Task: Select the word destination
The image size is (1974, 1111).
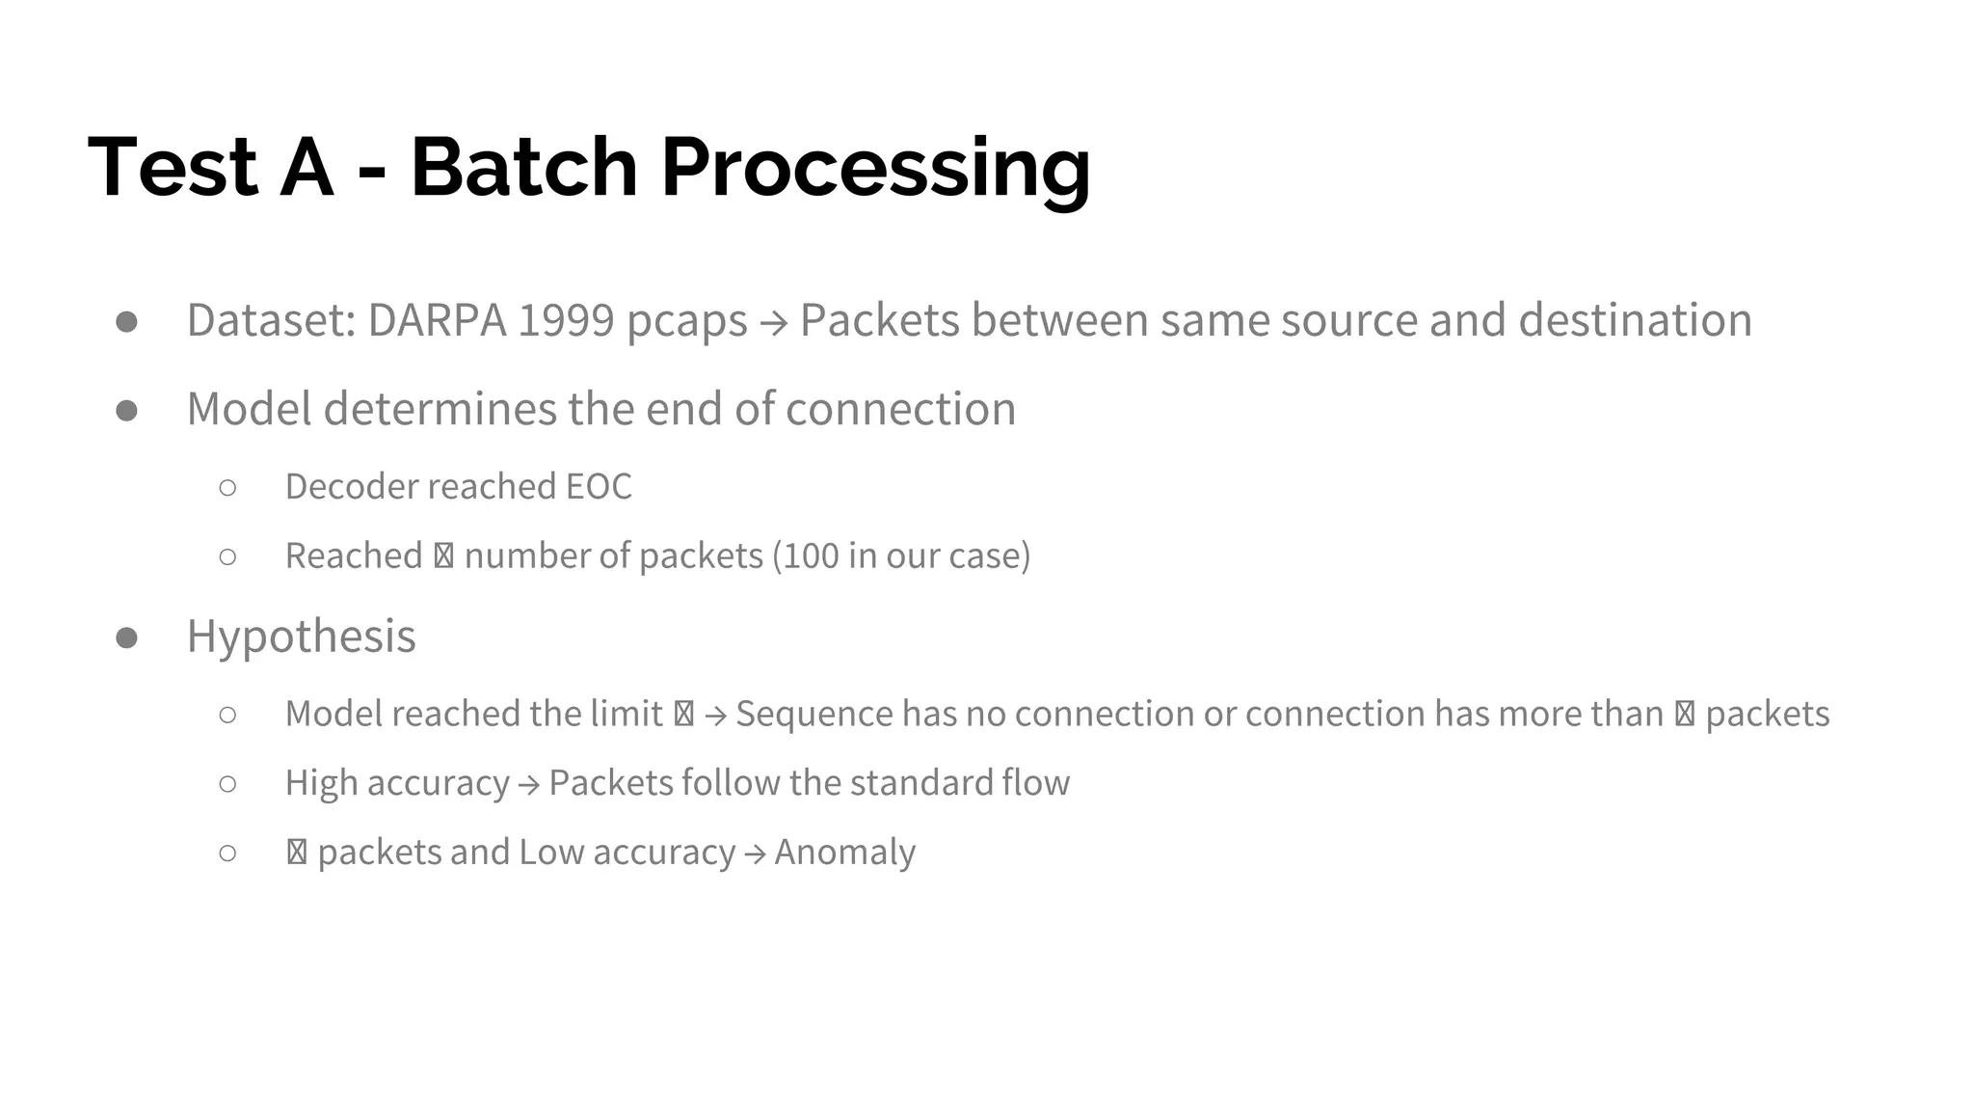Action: [x=1635, y=320]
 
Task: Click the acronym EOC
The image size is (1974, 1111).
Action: [x=599, y=487]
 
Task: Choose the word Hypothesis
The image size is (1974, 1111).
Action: [x=301, y=637]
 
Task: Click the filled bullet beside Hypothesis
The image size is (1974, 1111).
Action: [x=126, y=637]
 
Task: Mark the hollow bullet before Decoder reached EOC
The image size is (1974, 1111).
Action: [x=227, y=488]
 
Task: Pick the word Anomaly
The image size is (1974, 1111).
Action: [x=844, y=853]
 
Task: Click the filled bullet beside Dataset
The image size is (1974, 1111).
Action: [x=126, y=321]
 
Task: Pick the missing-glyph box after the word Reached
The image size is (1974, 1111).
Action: [x=443, y=556]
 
